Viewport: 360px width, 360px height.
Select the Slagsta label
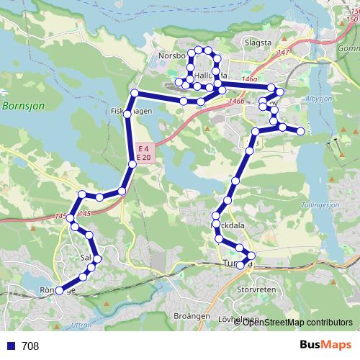(x=258, y=43)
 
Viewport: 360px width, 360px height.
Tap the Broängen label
(x=192, y=316)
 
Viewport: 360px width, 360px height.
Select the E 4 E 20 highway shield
(x=143, y=153)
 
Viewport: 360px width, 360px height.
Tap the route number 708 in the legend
(x=30, y=346)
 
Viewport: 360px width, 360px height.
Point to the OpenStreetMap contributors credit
(x=297, y=322)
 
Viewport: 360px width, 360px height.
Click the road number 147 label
(x=282, y=53)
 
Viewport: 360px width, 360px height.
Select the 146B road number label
(x=233, y=102)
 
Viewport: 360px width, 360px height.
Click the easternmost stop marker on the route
(x=301, y=131)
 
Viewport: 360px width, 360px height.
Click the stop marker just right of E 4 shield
(x=132, y=165)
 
